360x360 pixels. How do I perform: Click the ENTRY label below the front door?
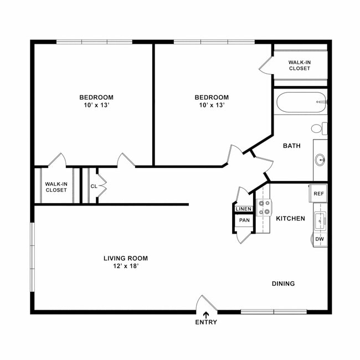point(206,322)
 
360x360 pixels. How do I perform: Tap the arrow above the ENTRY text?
point(206,315)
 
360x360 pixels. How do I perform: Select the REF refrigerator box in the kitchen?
point(318,194)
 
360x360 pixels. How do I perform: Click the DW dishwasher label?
point(319,239)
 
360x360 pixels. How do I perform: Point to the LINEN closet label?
point(244,209)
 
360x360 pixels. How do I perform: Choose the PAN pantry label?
point(244,220)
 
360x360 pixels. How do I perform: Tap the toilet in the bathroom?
point(318,128)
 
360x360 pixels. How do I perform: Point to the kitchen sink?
point(320,222)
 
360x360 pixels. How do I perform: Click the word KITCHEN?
point(290,219)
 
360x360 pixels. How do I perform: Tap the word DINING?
point(283,284)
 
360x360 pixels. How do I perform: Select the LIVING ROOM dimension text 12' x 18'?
point(126,266)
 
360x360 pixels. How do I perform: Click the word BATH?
point(292,146)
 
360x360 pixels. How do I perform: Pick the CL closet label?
point(94,186)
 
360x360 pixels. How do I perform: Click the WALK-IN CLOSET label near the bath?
point(299,65)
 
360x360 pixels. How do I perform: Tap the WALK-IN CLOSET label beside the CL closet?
point(56,187)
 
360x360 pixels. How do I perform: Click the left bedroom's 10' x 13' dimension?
point(96,105)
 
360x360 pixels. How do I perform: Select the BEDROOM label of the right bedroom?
point(212,97)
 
